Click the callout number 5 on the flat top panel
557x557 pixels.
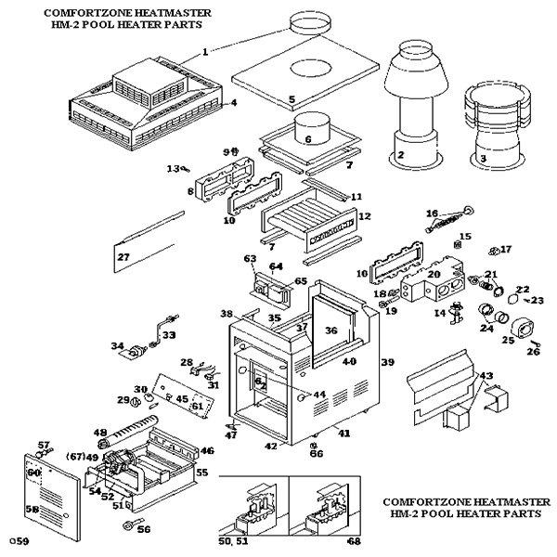pos(291,99)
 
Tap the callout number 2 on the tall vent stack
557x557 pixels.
pos(401,155)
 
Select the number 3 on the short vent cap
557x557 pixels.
pos(484,159)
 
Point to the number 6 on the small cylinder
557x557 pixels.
pos(309,140)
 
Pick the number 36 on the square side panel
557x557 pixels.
pos(331,330)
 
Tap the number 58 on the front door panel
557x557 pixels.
pos(32,509)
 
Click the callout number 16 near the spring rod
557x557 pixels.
pos(432,214)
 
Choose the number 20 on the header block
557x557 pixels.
pos(434,275)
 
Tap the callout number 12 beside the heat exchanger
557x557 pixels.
pos(364,216)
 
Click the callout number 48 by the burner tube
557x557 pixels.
pos(101,433)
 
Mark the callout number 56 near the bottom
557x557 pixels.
pos(143,529)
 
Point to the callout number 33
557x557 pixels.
pos(168,335)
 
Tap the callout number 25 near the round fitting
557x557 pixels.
pos(508,341)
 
